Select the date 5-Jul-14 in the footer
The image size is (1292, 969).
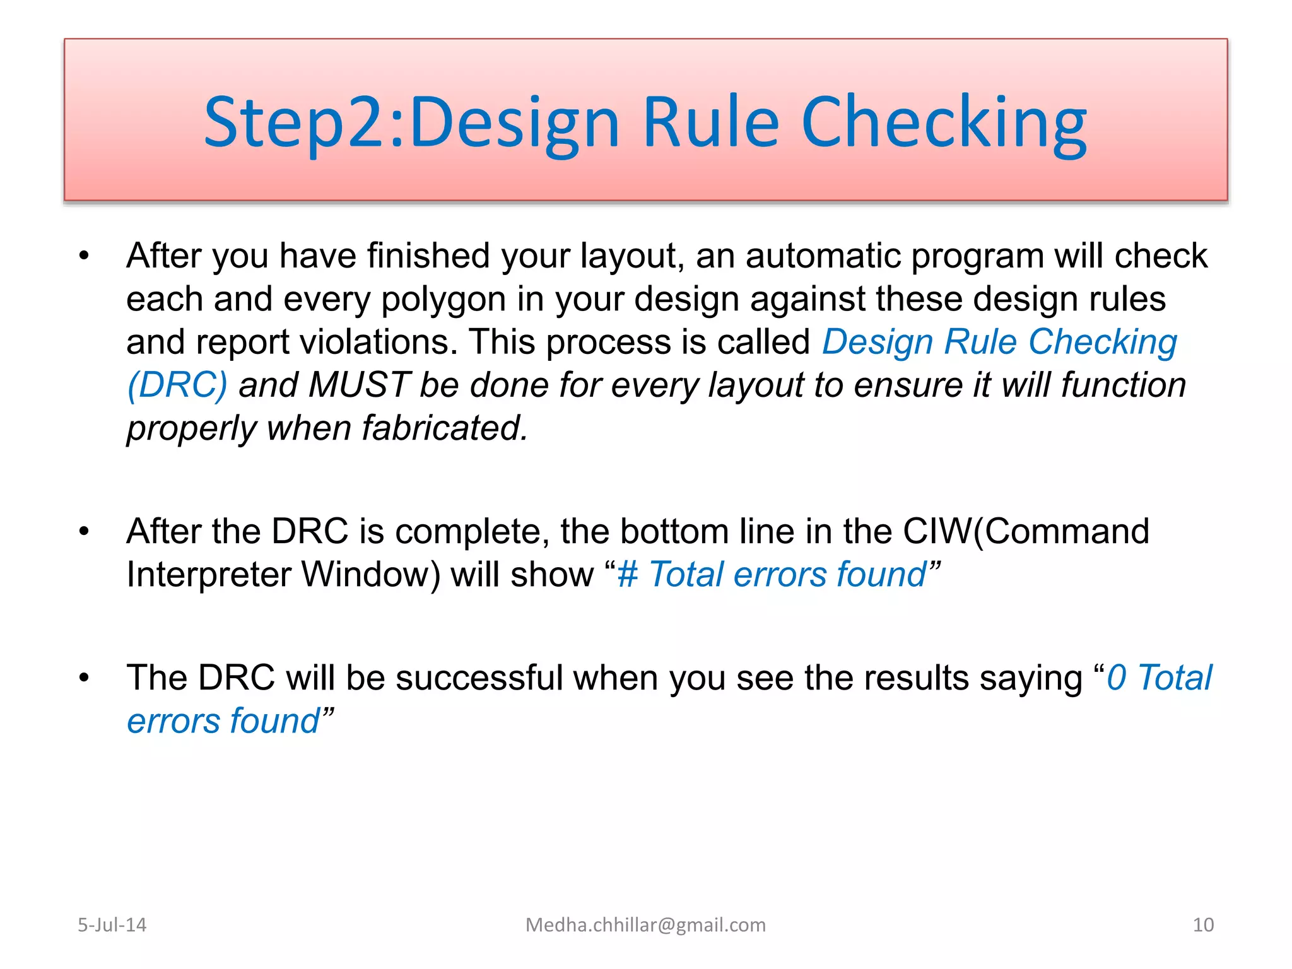pyautogui.click(x=112, y=925)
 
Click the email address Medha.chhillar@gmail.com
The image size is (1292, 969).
pyautogui.click(x=645, y=925)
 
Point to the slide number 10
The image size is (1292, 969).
pyautogui.click(x=1203, y=925)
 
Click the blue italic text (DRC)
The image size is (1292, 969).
pyautogui.click(x=177, y=385)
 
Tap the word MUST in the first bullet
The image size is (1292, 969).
pyautogui.click(x=360, y=385)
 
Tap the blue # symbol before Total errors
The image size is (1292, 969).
pyautogui.click(x=628, y=575)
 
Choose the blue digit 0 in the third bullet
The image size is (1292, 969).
pyautogui.click(x=1117, y=678)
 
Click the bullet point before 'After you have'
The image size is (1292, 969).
pyautogui.click(x=84, y=256)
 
